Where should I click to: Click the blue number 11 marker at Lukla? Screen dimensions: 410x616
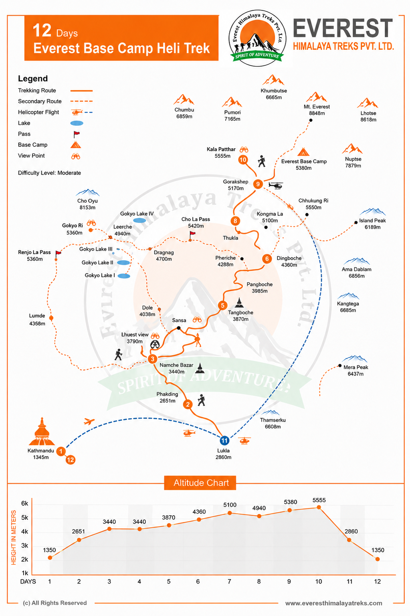224,440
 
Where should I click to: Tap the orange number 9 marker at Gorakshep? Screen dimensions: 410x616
258,184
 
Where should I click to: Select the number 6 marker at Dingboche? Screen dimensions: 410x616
267,259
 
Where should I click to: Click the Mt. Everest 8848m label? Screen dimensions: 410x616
317,110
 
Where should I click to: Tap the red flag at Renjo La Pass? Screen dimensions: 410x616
58,254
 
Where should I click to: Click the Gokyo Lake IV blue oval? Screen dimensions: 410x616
139,220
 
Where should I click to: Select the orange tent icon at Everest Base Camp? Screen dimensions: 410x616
303,152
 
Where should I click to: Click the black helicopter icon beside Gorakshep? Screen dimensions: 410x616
275,186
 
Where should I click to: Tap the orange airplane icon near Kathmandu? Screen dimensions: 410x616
89,421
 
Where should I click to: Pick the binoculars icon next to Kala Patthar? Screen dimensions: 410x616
244,149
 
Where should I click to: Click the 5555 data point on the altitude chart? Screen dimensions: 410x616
319,507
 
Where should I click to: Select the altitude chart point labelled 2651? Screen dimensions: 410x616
79,540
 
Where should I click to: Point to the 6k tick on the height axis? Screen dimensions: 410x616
25,503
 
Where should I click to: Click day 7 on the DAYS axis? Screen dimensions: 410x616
229,582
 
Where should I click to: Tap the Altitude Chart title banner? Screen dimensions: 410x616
200,483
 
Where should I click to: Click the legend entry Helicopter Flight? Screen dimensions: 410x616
38,112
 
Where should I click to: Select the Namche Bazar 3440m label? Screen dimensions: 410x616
176,368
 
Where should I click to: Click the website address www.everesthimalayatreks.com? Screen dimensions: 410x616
333,603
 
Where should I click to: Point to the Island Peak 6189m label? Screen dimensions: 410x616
372,224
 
